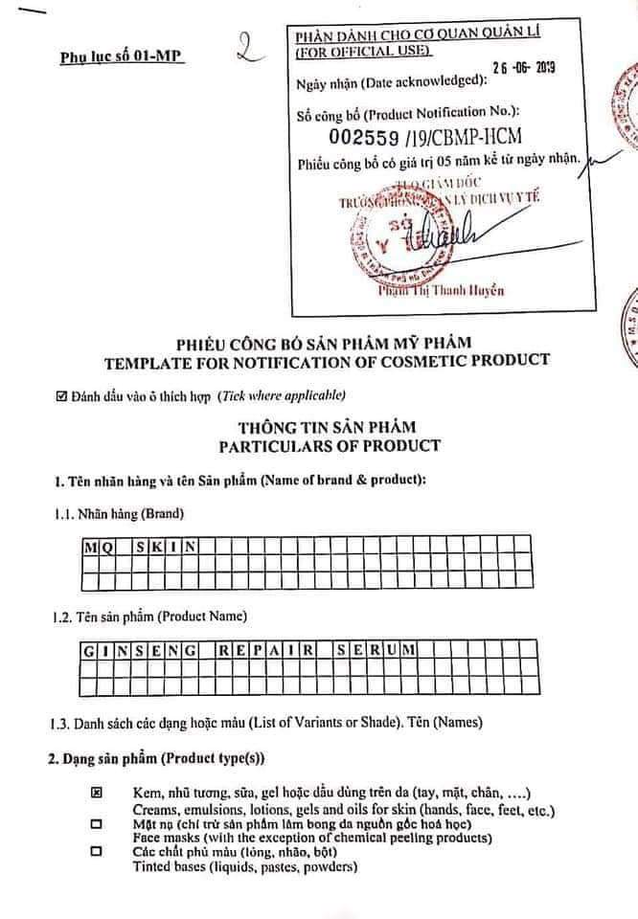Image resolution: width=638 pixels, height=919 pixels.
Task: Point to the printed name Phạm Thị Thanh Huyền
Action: [440, 291]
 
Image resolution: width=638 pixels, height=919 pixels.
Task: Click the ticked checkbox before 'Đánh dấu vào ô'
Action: [62, 395]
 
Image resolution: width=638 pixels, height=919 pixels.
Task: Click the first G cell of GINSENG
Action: [88, 650]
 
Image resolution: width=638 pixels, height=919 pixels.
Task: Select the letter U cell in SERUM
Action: [393, 650]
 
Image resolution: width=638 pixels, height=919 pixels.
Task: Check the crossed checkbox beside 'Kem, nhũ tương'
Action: [96, 794]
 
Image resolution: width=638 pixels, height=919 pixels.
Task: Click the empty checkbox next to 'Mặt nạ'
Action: [96, 823]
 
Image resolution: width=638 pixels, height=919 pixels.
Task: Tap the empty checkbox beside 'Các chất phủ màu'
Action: [96, 850]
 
